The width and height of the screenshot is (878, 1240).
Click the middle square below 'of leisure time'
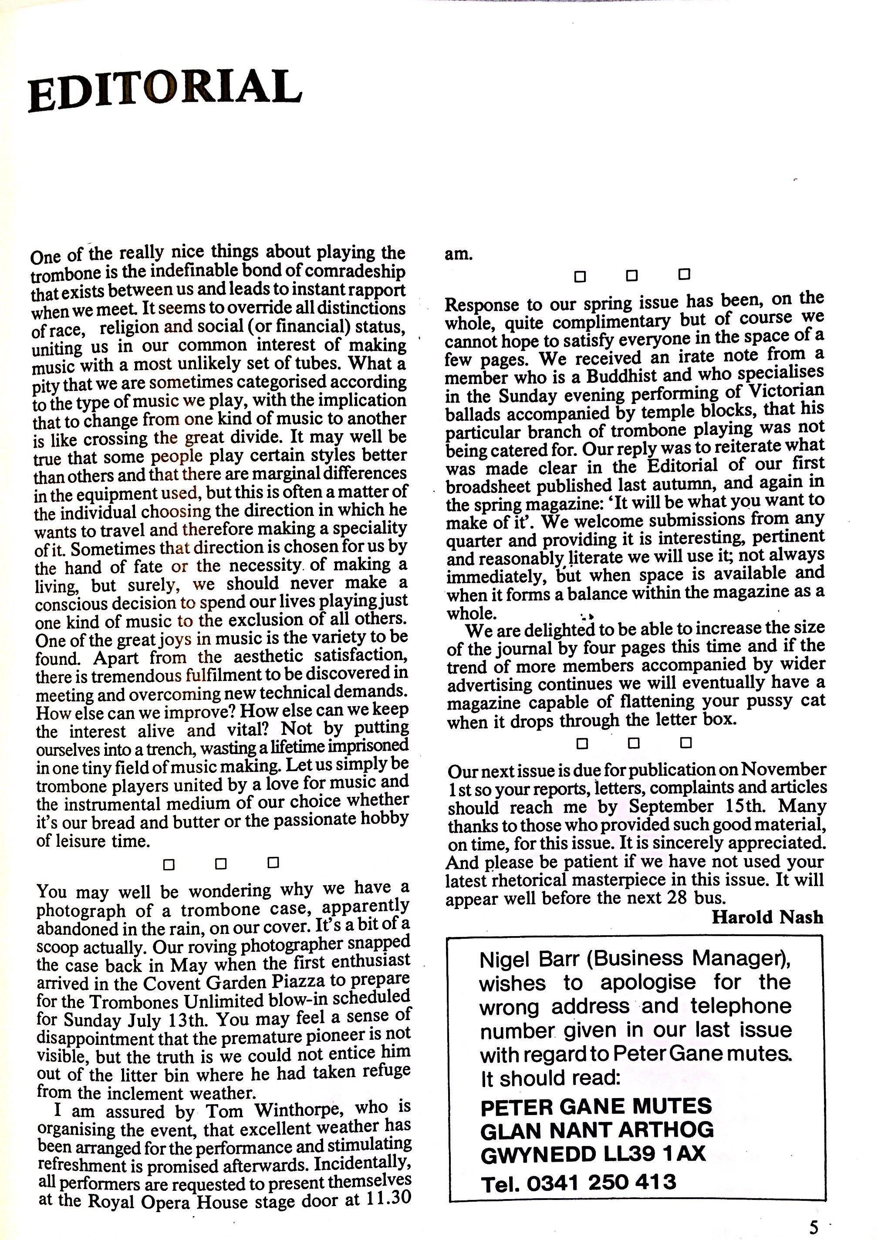220,864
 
